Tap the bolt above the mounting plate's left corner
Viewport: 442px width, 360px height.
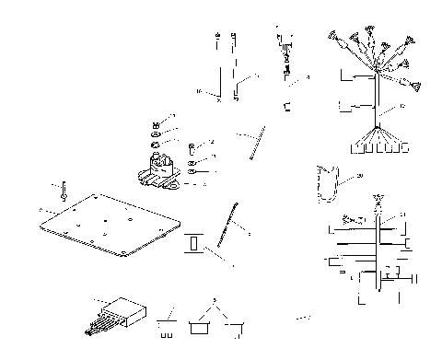click(x=64, y=192)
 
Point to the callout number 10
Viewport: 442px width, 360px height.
click(x=199, y=91)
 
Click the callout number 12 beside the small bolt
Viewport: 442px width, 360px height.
click(x=211, y=142)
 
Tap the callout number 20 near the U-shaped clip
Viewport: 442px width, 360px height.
click(x=360, y=176)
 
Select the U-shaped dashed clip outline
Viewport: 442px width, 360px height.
click(x=327, y=181)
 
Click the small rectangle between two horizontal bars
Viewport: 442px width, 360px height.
click(x=195, y=245)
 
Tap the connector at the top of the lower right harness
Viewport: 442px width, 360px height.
click(x=377, y=201)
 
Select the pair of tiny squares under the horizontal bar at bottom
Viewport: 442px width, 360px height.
click(x=167, y=323)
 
